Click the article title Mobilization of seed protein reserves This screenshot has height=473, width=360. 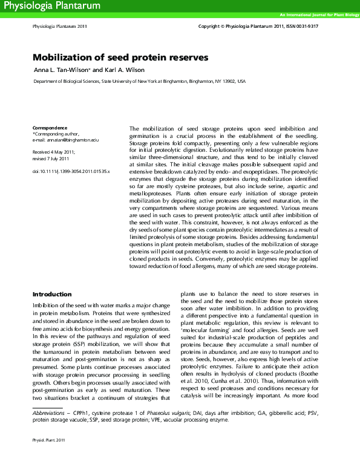(x=120, y=57)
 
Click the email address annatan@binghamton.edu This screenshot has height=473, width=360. (x=74, y=140)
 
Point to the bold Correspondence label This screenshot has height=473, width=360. (x=50, y=128)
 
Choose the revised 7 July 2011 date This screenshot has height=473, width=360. (x=51, y=158)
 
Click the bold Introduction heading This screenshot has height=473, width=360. (x=52, y=294)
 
